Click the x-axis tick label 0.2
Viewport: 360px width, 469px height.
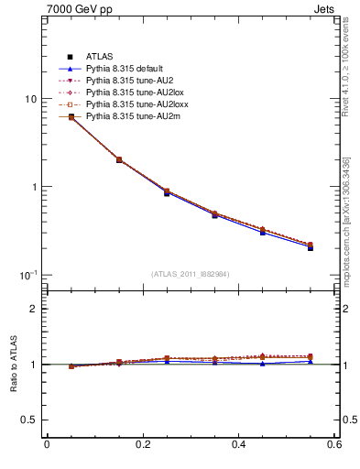142,446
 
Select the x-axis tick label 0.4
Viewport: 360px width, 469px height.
240,446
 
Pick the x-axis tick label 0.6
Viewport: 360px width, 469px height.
335,446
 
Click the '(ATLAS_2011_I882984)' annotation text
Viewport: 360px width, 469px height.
191,275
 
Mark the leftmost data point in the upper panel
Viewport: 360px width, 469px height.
71,116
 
